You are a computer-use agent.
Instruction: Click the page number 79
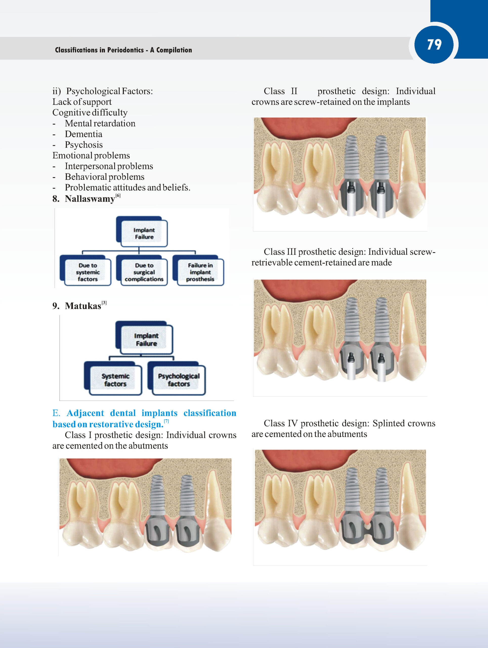434,45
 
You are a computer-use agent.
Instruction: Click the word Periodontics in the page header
125,50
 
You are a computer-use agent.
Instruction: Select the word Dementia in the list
83,134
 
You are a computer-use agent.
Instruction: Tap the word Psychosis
84,145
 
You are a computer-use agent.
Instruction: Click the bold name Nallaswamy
90,199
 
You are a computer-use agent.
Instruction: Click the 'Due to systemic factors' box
86,271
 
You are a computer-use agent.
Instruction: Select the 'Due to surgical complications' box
142,271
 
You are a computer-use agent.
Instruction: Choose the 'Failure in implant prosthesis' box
198,271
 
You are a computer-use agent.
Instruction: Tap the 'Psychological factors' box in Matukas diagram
177,378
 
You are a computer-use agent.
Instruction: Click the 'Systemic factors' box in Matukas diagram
113,378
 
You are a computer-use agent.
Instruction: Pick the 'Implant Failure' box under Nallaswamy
142,232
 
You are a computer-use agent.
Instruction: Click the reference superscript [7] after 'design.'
166,421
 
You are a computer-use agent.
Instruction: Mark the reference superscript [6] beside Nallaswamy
118,195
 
